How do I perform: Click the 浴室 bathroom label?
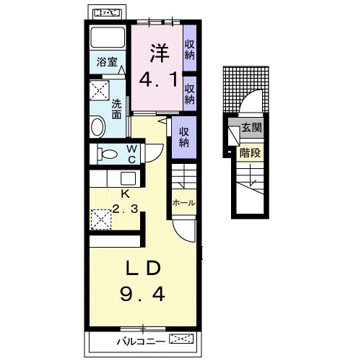pos(107,62)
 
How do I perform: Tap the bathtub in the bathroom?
pos(108,38)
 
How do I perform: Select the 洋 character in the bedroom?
pos(160,53)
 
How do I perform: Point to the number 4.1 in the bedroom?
pos(158,79)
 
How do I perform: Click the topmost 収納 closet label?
pos(190,50)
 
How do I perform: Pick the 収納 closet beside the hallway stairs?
pos(184,138)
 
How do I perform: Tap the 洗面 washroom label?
pos(116,110)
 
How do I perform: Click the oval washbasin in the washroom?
pos(97,126)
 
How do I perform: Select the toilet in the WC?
pos(108,154)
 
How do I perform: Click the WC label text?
pos(132,154)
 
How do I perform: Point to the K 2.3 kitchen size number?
pos(125,209)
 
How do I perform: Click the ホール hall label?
pos(184,203)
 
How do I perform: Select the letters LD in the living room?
pos(144,269)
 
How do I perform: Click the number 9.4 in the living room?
pos(142,295)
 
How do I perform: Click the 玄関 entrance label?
pos(252,128)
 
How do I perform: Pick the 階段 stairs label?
pos(251,152)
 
